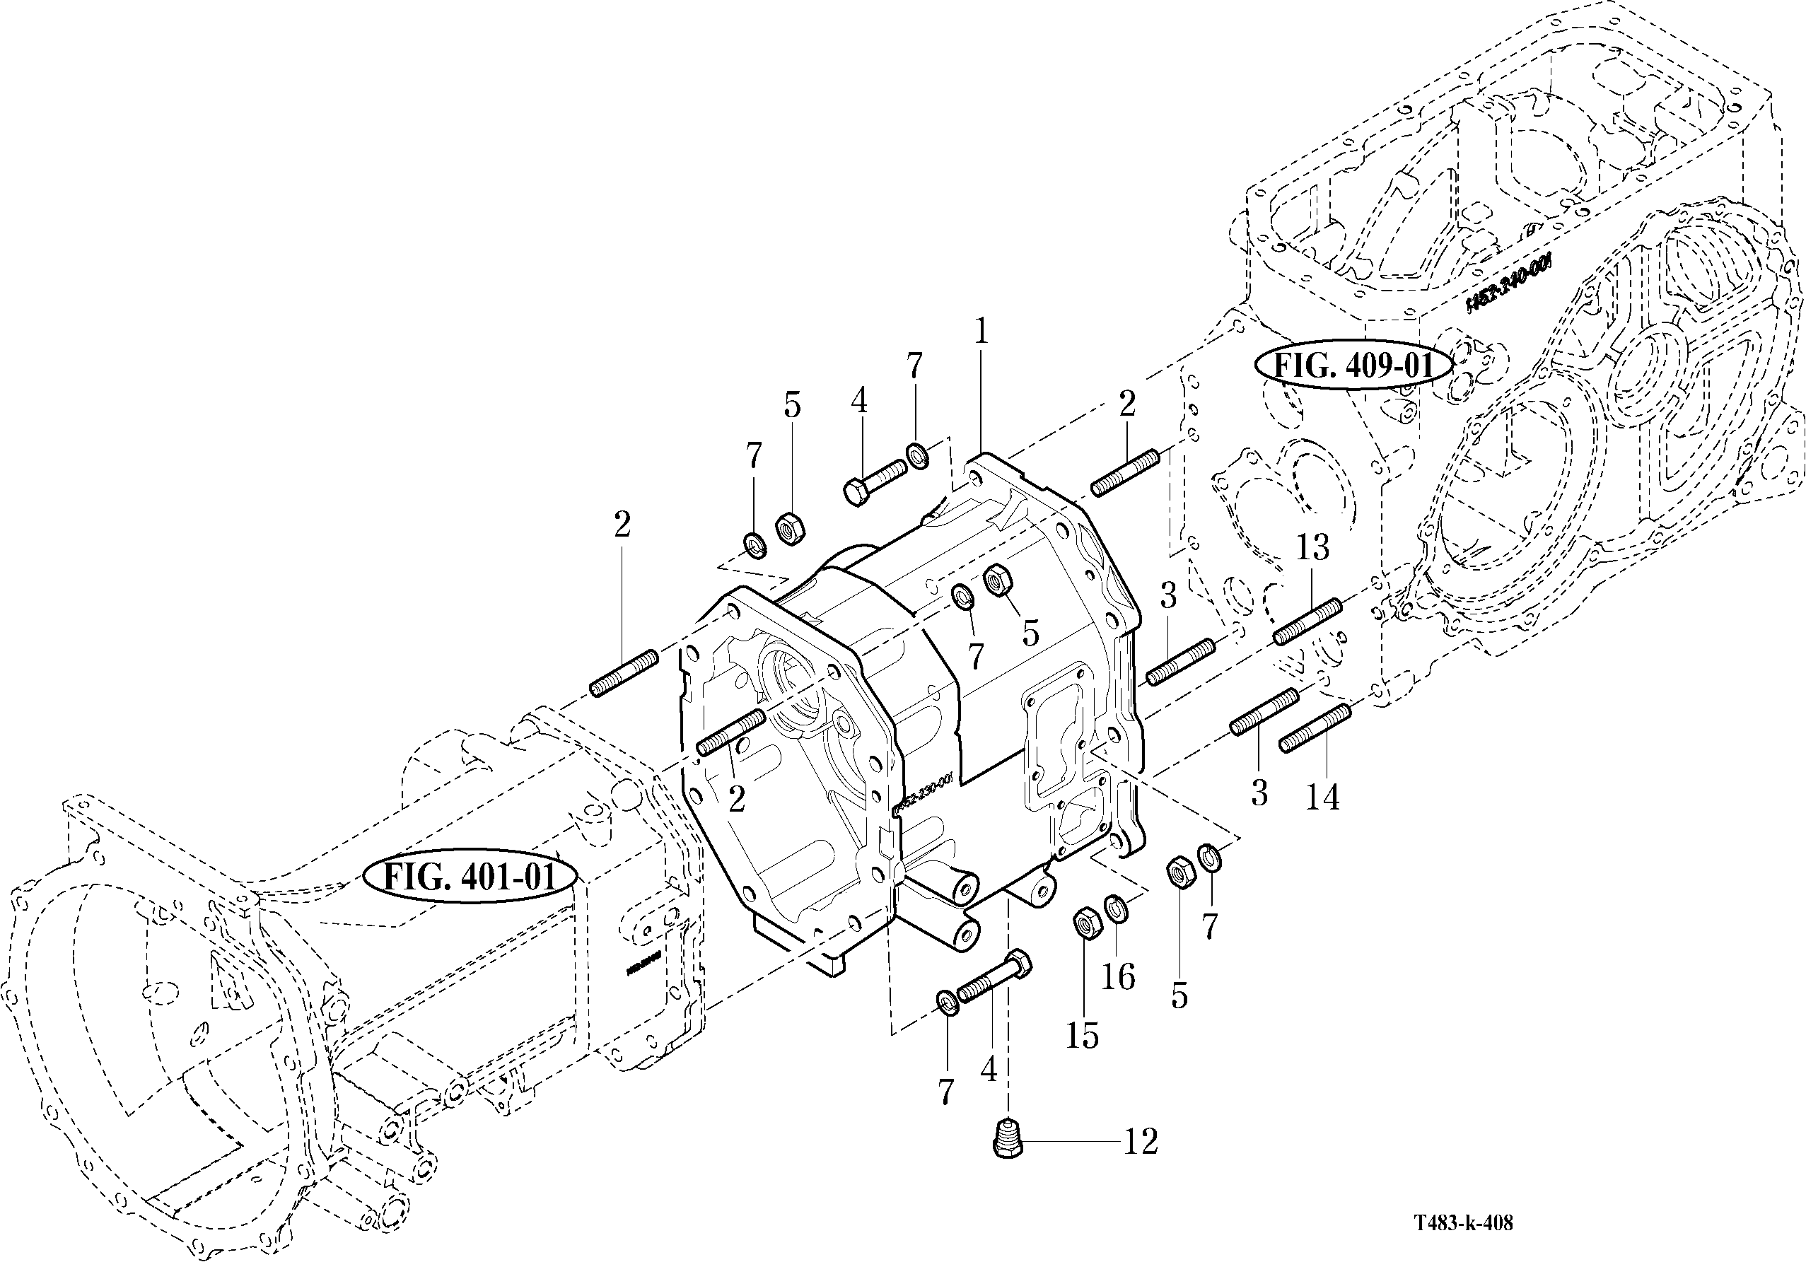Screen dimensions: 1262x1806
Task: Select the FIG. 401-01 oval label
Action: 470,876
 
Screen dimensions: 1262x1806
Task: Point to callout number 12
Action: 1141,1142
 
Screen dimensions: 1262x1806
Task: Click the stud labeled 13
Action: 1307,621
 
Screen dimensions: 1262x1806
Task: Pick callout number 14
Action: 1322,797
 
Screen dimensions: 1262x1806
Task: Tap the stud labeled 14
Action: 1316,728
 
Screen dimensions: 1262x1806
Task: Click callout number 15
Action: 1082,1036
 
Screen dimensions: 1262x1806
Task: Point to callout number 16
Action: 1118,977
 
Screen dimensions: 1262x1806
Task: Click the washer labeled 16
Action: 1114,910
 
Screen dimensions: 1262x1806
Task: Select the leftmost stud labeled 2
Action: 624,672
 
